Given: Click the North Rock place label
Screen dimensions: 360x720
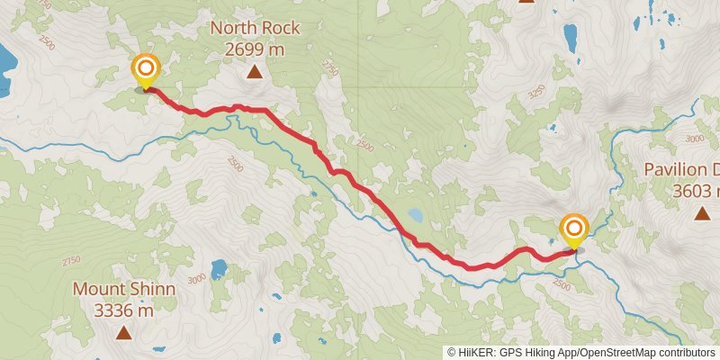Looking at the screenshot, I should [255, 28].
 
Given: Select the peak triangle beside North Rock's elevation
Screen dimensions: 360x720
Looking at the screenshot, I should [255, 71].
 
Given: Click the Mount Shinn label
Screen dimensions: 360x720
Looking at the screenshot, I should [124, 290].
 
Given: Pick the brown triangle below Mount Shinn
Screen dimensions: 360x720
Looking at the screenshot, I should [123, 333].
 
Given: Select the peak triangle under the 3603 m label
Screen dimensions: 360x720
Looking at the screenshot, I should [701, 213].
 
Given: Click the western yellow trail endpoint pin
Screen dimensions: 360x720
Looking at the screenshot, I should [146, 70].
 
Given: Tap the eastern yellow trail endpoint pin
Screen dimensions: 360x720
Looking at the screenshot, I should [573, 230].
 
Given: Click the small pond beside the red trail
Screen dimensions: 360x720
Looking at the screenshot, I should [415, 216].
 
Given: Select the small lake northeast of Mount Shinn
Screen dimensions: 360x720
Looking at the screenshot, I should [219, 269].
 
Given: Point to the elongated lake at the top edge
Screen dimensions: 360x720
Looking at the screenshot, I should [570, 37].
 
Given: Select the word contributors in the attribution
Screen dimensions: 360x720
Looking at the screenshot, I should [680, 353].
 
